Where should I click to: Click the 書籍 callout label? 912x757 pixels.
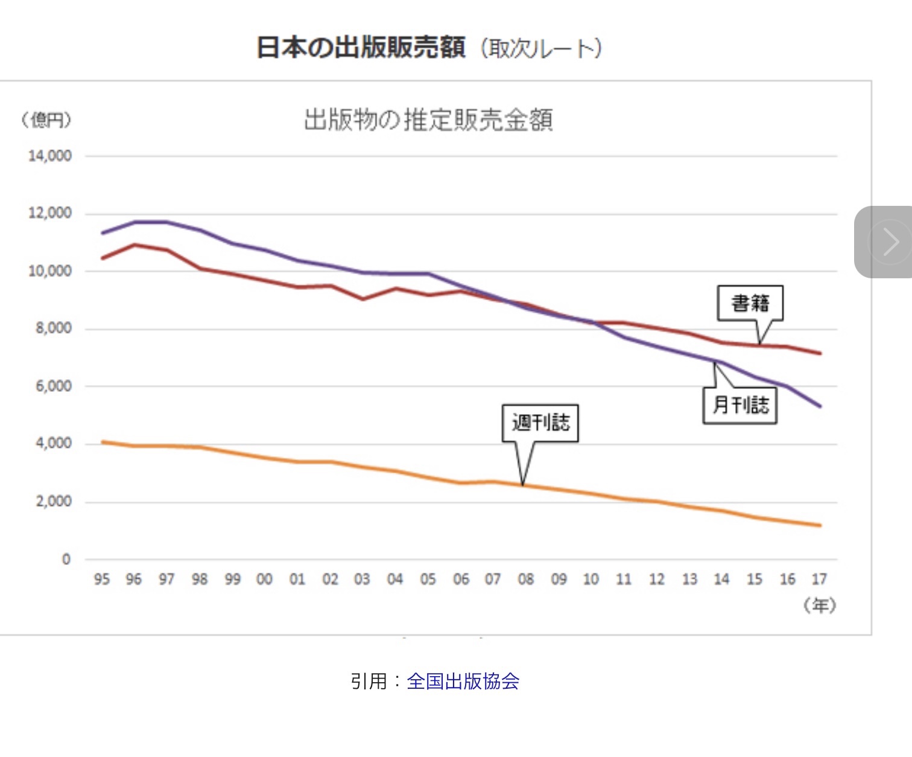(750, 303)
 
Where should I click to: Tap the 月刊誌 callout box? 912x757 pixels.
(740, 405)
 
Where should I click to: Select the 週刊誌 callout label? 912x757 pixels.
(540, 423)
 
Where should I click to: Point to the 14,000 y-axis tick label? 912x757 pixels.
(50, 156)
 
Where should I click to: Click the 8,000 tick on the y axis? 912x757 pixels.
(54, 328)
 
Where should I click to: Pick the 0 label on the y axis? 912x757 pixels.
(66, 560)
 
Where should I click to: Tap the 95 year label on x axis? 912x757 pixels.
(102, 580)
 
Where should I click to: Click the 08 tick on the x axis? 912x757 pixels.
(526, 580)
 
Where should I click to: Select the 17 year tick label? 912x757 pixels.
(819, 580)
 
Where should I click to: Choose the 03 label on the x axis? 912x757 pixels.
(362, 580)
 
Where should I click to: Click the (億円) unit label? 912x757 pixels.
(46, 120)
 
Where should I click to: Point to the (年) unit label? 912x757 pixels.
(820, 605)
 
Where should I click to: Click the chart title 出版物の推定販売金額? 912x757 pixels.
(428, 120)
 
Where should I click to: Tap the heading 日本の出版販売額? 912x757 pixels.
(361, 47)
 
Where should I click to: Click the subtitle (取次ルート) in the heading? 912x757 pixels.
(541, 48)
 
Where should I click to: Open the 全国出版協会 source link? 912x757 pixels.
(463, 682)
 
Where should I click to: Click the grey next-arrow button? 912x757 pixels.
(887, 242)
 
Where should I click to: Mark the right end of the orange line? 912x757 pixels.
(820, 525)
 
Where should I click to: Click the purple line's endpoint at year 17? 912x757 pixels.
(820, 406)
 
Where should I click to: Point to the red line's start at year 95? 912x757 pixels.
(103, 258)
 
